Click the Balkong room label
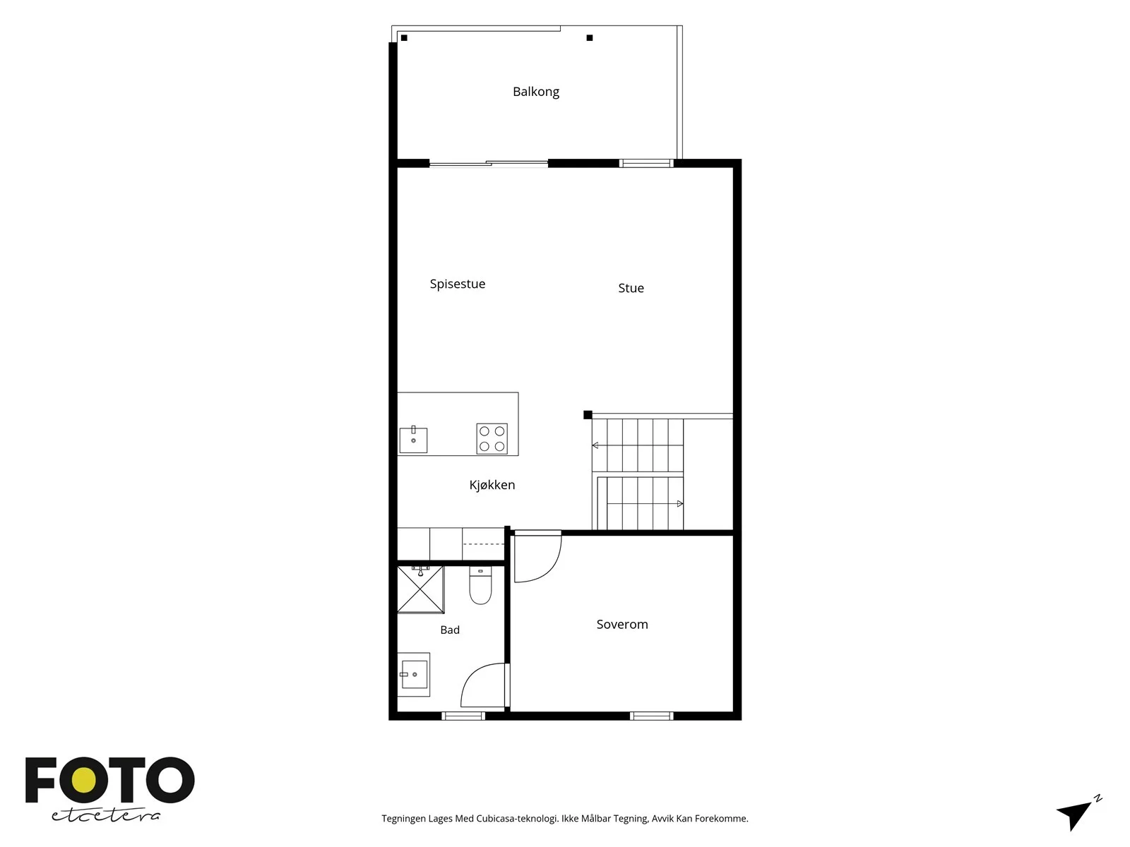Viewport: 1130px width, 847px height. (x=535, y=92)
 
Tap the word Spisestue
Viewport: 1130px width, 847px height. (x=457, y=284)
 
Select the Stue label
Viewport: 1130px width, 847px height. (x=631, y=288)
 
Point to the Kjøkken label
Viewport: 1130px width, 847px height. (x=492, y=485)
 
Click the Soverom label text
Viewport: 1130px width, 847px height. (x=622, y=625)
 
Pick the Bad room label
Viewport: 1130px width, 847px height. (x=449, y=630)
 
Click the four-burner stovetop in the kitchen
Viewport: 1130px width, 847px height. (x=492, y=438)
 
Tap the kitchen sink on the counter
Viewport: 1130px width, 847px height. (x=413, y=440)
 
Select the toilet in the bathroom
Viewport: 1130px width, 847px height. (x=480, y=585)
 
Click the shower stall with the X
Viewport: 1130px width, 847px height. (x=421, y=589)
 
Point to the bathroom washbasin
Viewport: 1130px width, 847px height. (x=414, y=674)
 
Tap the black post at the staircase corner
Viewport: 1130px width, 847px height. (x=588, y=414)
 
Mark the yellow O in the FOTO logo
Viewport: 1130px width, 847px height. (x=84, y=780)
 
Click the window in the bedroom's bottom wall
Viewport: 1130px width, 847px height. (x=651, y=716)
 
